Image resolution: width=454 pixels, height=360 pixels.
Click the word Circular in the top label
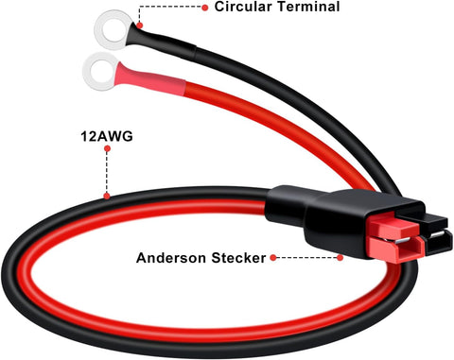(242, 7)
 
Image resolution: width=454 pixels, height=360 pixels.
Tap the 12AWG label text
(107, 136)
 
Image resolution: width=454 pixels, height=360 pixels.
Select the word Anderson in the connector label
(171, 258)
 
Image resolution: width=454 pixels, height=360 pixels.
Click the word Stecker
(238, 258)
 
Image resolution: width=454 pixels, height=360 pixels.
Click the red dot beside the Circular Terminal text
(205, 8)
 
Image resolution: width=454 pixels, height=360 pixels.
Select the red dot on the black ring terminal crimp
(140, 26)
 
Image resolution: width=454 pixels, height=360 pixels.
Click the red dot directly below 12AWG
(107, 148)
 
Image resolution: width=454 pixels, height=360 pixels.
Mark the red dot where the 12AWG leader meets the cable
(107, 197)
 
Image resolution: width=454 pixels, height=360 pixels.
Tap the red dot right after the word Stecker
(273, 258)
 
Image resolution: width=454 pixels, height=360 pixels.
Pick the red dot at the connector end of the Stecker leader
(340, 258)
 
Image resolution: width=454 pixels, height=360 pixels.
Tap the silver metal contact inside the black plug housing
(438, 234)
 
